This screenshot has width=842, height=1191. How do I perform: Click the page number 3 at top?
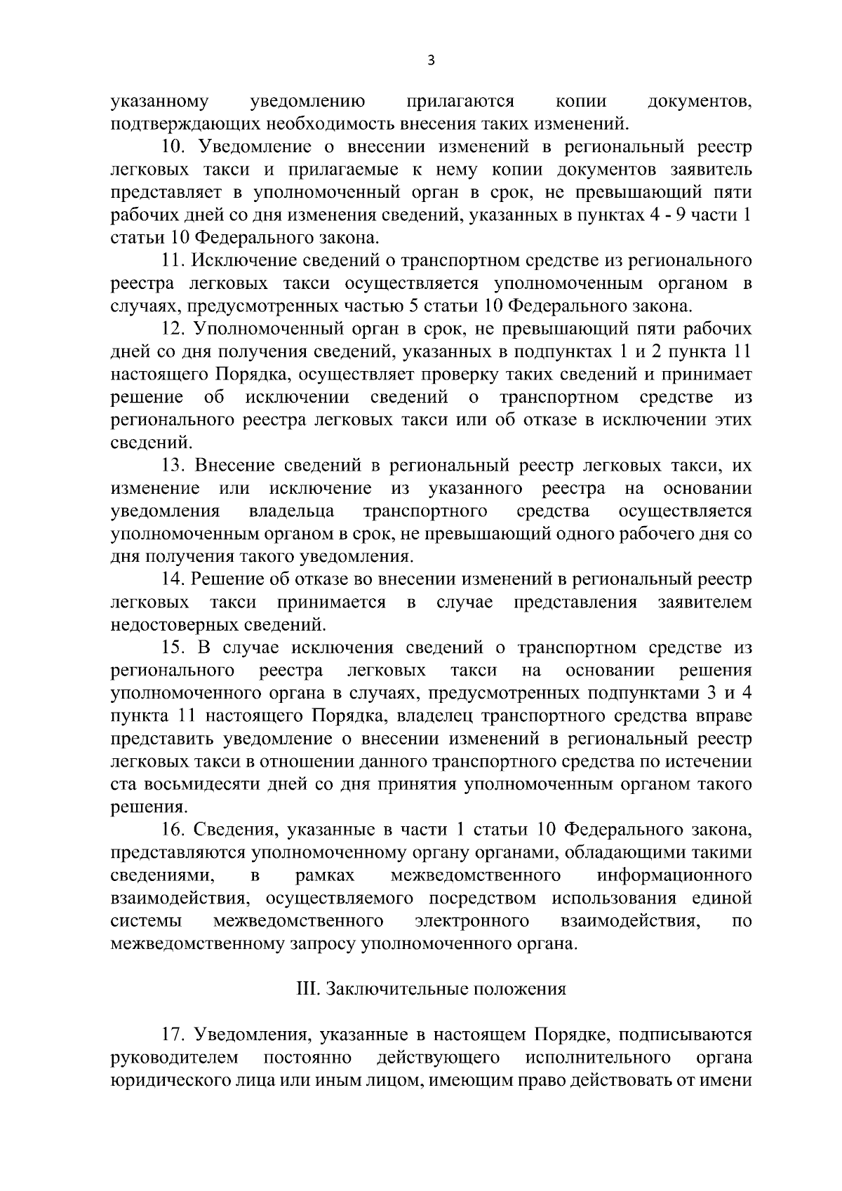(x=431, y=61)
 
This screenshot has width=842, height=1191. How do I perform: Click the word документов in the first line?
(x=700, y=102)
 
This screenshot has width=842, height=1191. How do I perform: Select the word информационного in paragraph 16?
(x=674, y=875)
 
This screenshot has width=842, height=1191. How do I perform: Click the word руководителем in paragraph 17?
(x=174, y=1058)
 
